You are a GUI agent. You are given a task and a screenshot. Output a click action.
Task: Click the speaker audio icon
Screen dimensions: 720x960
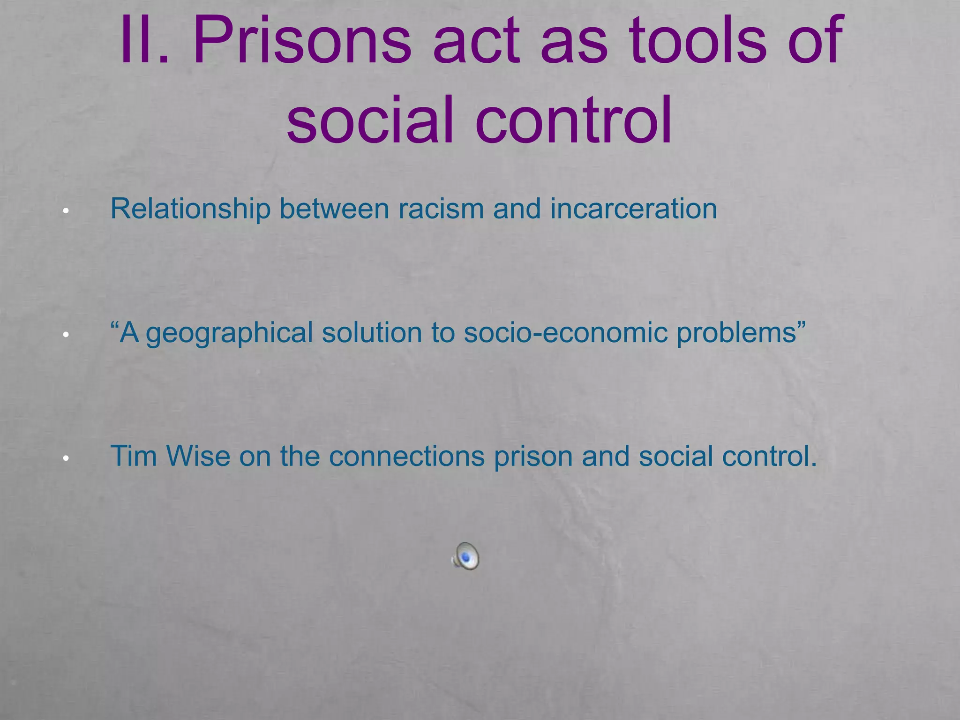(465, 556)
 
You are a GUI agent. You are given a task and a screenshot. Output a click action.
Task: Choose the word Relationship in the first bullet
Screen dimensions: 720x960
(190, 209)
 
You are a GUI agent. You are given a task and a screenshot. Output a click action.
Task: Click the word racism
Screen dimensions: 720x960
(441, 209)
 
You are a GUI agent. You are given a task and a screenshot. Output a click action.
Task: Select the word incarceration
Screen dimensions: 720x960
(633, 209)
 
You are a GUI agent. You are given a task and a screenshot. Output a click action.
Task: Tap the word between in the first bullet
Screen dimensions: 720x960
(334, 209)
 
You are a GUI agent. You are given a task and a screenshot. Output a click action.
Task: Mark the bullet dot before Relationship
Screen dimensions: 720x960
(66, 211)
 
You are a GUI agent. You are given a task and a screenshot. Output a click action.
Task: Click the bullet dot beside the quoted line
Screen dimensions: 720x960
(66, 335)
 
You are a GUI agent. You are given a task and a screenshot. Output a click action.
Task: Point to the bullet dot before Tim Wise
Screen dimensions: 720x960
(66, 458)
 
